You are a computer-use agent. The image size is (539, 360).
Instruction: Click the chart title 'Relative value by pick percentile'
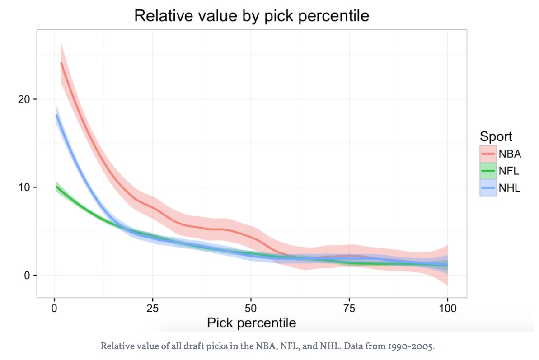pos(252,16)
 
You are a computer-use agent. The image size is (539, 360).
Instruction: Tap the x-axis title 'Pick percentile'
pos(251,323)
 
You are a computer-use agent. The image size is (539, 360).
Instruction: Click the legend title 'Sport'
pos(496,136)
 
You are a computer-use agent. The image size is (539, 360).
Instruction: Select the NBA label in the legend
pos(510,154)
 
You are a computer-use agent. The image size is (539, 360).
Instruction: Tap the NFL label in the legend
pos(509,171)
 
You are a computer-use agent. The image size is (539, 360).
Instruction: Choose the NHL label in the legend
pos(510,188)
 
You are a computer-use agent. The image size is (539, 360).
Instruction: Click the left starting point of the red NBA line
pos(61,63)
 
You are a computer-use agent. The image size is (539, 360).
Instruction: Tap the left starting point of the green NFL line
pos(56,187)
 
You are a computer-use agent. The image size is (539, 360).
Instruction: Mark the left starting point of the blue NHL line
pos(56,115)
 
